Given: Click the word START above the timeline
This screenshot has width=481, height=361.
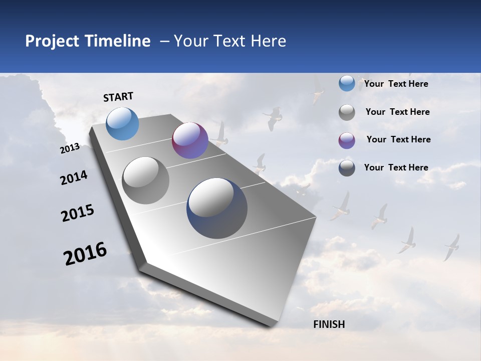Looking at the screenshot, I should tap(118, 97).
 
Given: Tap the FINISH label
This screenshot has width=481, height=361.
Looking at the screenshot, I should tap(329, 324).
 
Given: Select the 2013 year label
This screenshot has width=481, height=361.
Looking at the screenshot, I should tap(70, 148).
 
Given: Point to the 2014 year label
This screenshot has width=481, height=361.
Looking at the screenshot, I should tap(74, 177).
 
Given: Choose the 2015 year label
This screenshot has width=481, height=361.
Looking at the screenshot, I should tap(78, 213).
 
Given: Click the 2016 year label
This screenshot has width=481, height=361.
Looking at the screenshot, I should tap(85, 253).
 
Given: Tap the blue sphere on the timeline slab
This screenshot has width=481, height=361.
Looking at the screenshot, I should tap(123, 123).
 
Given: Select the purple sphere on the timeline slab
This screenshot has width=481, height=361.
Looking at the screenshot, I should tap(190, 140).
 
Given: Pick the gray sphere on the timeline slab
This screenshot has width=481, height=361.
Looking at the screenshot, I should tap(146, 180).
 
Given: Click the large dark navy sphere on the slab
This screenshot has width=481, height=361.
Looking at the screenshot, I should tap(217, 208).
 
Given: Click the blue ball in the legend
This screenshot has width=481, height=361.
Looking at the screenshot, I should tap(347, 84).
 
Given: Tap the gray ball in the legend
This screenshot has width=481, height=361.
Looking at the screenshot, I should tap(347, 112).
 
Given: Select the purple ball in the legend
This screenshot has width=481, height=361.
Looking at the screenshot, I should tap(347, 140).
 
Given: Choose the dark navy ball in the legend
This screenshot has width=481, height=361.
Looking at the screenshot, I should tap(347, 168).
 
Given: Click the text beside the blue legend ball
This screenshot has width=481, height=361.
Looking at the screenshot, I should tap(396, 84).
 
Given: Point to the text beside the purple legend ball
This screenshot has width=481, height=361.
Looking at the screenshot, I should tap(398, 139).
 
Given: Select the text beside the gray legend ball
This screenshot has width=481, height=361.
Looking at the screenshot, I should tap(397, 112).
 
